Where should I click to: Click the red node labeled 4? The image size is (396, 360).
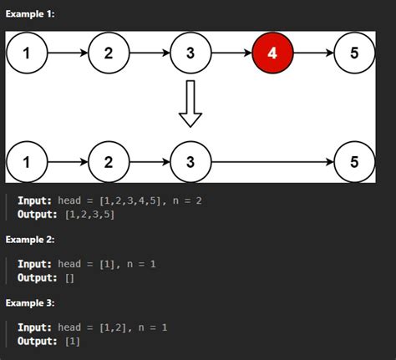(x=273, y=54)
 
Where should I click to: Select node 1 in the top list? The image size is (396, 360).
(x=28, y=54)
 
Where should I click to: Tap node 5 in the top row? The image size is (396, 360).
(x=354, y=54)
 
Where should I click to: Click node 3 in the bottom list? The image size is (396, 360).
(x=190, y=161)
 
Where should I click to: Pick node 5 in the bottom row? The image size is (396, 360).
(x=354, y=161)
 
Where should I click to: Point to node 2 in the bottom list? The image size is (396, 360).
(x=109, y=161)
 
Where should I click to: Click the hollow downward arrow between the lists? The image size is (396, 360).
(x=190, y=104)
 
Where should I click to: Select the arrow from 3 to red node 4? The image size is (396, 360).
(x=231, y=54)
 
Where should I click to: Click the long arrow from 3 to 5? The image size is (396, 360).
(x=272, y=161)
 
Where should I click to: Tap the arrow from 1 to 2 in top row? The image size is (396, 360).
(x=68, y=54)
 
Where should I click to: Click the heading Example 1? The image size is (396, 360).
(x=30, y=15)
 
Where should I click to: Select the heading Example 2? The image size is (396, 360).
(x=30, y=240)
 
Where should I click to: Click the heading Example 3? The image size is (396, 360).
(x=30, y=302)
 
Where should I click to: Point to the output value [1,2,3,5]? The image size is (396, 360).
(x=89, y=215)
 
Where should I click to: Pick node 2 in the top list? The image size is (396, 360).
(x=109, y=54)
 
